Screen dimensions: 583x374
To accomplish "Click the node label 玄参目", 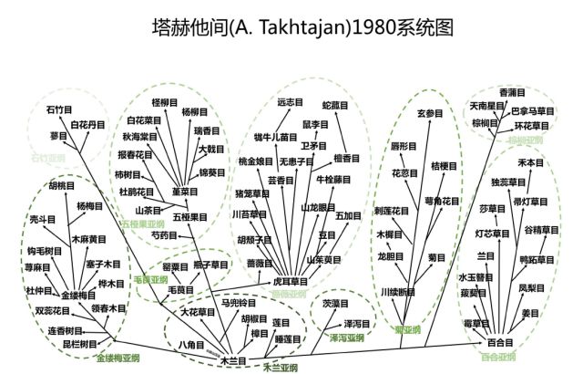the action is point(429,114).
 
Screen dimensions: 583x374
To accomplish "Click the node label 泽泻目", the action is point(355,324).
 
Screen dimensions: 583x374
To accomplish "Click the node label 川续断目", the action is point(397,292).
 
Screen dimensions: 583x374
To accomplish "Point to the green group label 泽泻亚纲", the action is point(345,339).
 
